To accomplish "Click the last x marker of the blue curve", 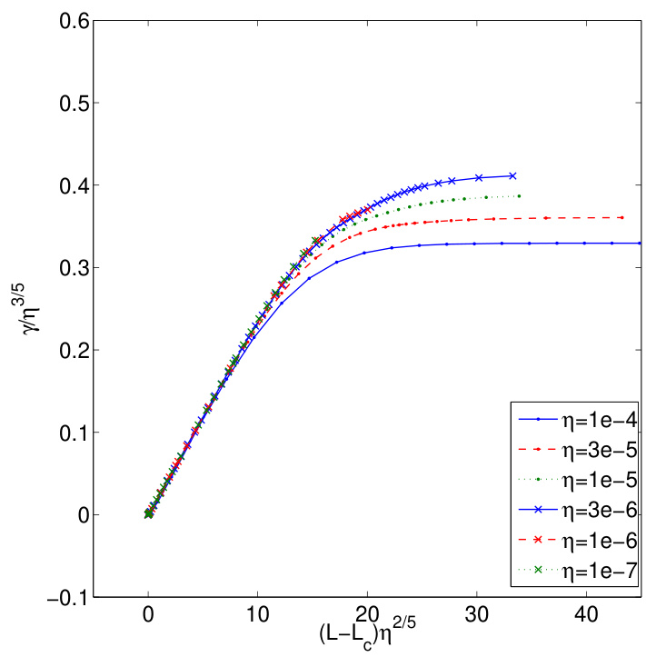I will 513,175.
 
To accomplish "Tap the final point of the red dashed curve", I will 621,217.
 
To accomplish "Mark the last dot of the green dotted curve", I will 519,195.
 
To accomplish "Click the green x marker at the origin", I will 149,513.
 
